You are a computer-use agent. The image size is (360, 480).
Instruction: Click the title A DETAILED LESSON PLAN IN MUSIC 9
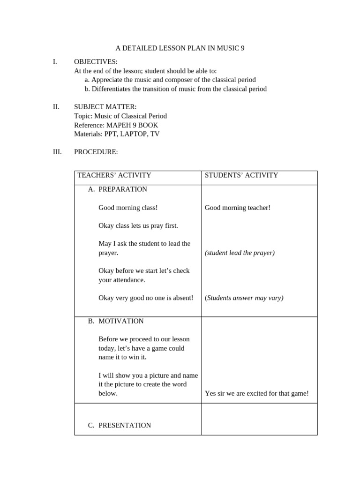pos(180,48)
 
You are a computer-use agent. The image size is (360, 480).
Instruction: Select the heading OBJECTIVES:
pos(96,62)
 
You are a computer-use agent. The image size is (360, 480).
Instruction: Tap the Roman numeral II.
pos(56,107)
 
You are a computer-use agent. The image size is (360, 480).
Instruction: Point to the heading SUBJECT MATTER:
pos(105,107)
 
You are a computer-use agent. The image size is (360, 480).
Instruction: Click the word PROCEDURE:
pos(96,152)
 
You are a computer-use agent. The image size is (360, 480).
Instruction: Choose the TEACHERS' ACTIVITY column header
pos(114,175)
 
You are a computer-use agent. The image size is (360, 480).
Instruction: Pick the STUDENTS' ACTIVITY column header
pos(241,175)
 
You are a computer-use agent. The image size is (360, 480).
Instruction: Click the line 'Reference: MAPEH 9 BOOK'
pos(116,125)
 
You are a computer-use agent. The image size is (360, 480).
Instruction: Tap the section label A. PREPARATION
pos(118,189)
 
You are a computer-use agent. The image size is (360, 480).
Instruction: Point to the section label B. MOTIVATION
pos(116,321)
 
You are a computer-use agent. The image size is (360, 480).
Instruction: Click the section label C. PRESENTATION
pos(120,425)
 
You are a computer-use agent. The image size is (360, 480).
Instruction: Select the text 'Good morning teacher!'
pos(238,208)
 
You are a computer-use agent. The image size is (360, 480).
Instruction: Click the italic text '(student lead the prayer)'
pos(240,253)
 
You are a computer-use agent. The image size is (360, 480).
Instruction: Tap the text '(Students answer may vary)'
pos(244,298)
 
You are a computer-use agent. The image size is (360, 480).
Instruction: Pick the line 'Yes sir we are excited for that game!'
pos(257,393)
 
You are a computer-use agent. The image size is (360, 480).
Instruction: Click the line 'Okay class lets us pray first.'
pos(138,225)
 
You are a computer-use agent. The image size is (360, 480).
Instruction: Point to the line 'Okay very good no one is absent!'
pos(146,298)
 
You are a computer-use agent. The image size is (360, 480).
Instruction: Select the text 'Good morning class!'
pos(128,208)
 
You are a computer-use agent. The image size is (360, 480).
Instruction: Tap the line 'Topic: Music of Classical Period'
pos(120,116)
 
